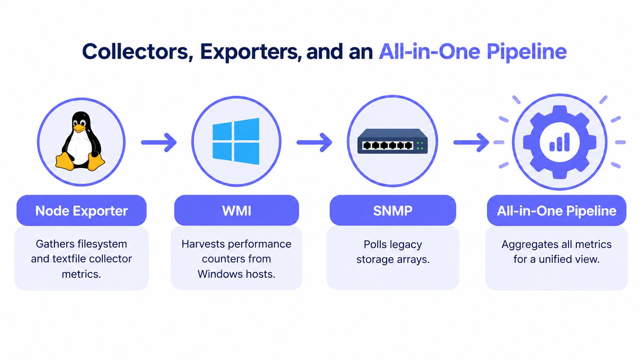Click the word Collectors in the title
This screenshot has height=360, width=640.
coord(136,52)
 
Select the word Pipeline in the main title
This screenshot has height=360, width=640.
coord(527,52)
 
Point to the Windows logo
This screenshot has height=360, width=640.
coord(236,141)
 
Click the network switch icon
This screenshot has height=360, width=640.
coord(392,141)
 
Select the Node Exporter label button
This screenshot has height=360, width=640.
coord(82,211)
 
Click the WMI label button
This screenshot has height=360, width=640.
coord(237,211)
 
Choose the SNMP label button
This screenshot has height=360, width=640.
coord(393,211)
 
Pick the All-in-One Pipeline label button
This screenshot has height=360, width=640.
coord(557,211)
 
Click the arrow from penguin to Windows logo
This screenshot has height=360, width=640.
coord(159,142)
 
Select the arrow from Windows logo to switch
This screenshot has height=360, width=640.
coord(314,142)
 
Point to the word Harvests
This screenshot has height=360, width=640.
coord(203,244)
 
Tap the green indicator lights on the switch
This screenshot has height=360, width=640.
coord(420,146)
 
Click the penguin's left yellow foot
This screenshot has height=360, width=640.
coord(65,162)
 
